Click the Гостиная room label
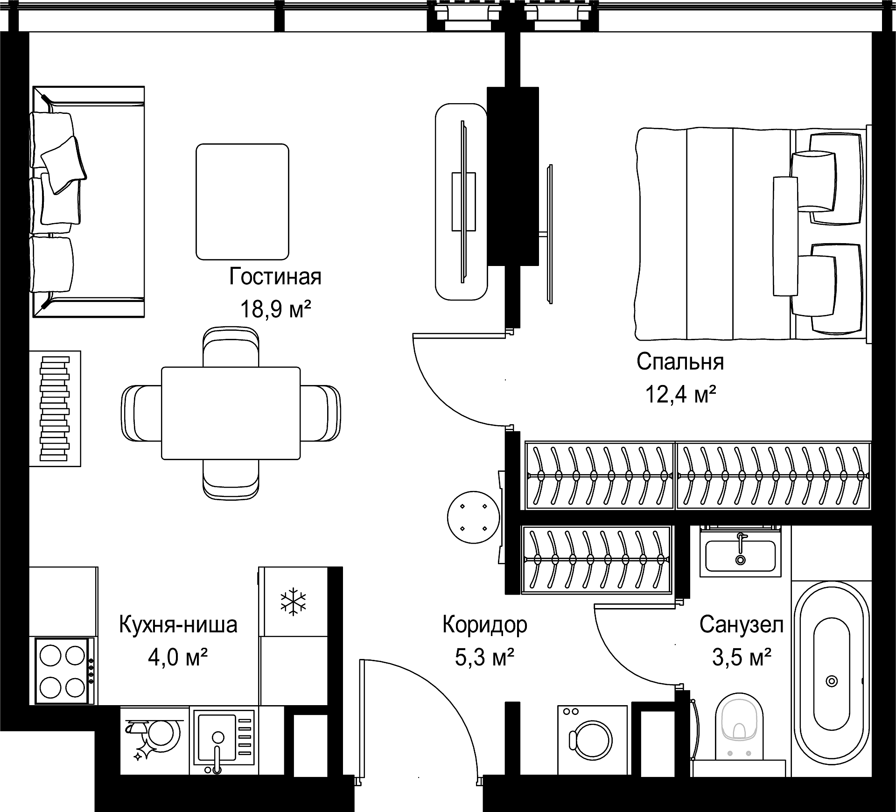(x=275, y=277)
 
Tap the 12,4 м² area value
(x=680, y=394)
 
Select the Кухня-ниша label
(x=178, y=624)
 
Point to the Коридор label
(x=485, y=624)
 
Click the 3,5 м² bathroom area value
(x=742, y=658)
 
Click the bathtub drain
(x=832, y=681)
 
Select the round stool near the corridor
(x=473, y=518)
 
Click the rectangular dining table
(x=231, y=413)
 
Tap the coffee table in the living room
(x=242, y=202)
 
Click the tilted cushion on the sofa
(x=63, y=165)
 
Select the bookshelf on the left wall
(x=55, y=408)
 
